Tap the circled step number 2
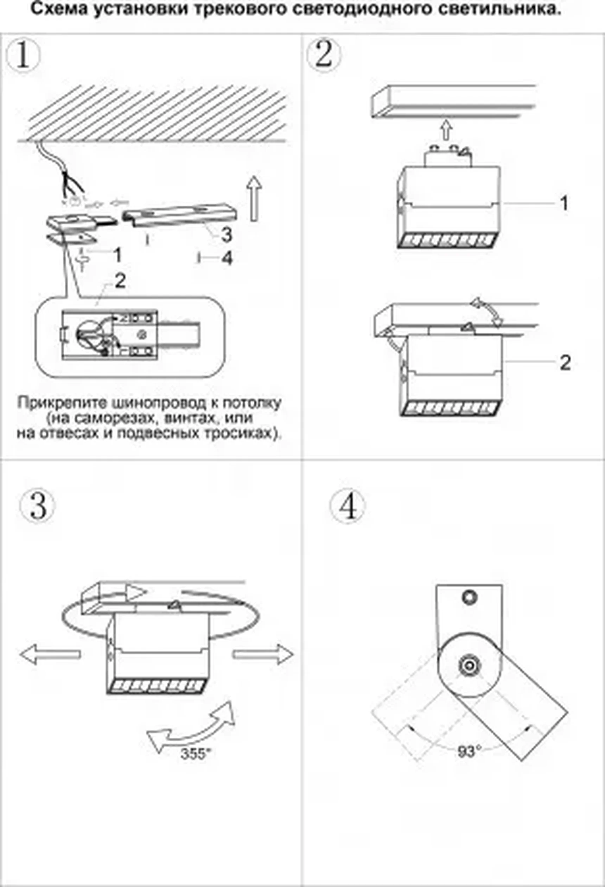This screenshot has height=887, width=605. click(324, 56)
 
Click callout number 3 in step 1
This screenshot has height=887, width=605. click(227, 234)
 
